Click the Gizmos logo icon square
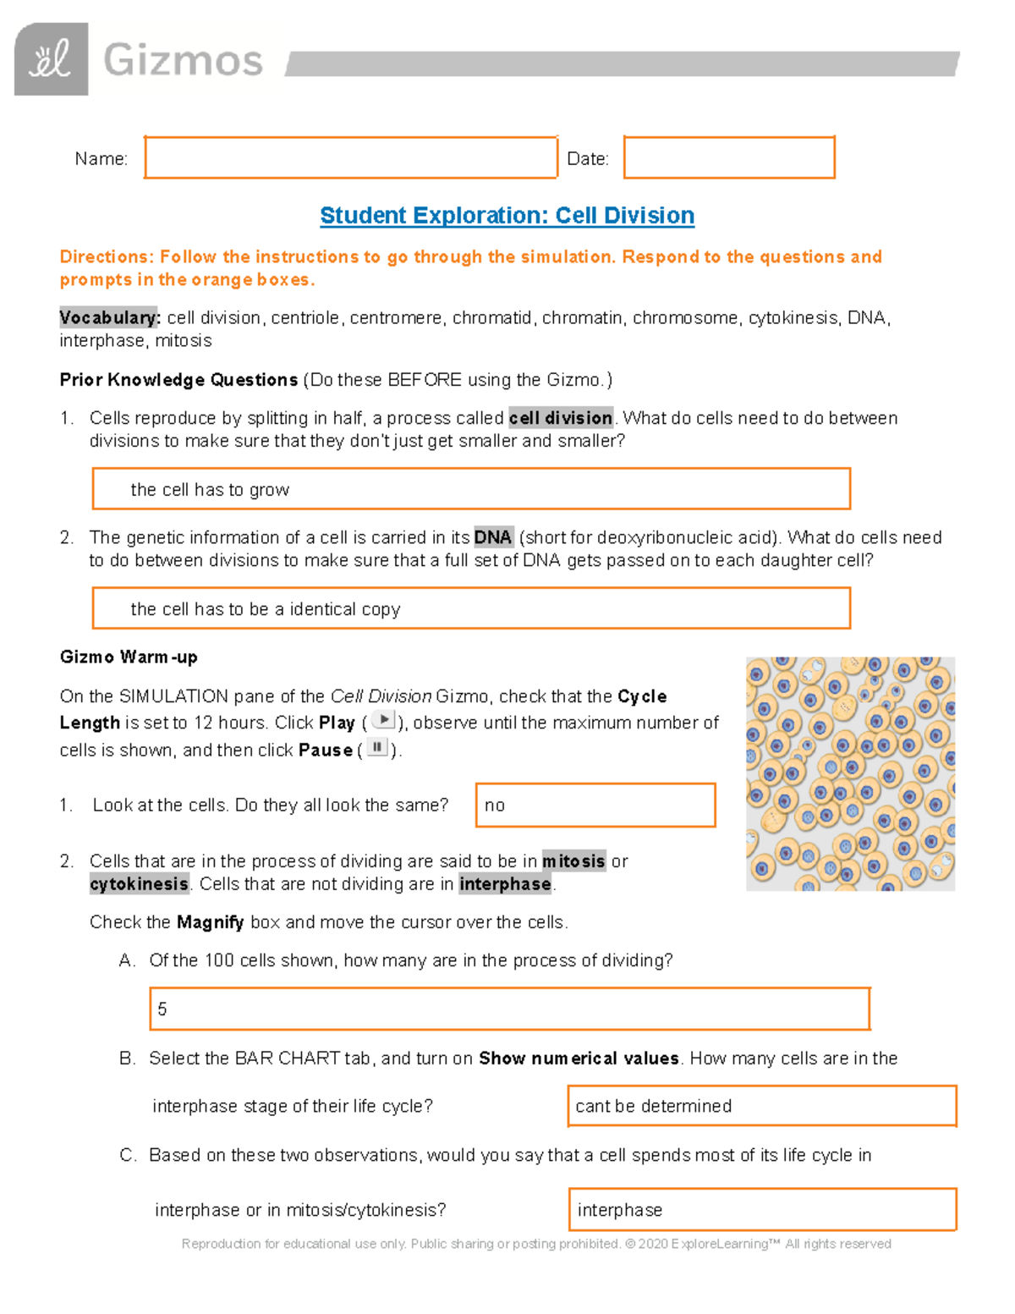click(x=51, y=59)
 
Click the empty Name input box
click(x=350, y=157)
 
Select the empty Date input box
click(x=729, y=157)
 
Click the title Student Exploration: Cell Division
click(x=507, y=216)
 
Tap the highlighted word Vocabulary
click(x=109, y=318)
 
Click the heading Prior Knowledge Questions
click(x=178, y=380)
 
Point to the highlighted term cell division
click(x=561, y=418)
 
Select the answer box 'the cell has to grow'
click(x=471, y=489)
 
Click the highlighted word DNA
click(x=493, y=537)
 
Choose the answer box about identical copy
click(x=471, y=608)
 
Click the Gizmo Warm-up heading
click(x=129, y=657)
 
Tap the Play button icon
click(x=383, y=721)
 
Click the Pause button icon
click(x=377, y=748)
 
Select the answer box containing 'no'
click(x=595, y=805)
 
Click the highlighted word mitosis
click(x=573, y=861)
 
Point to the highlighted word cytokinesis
click(x=140, y=884)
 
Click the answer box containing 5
click(x=509, y=1009)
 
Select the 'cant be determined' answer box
click(x=761, y=1106)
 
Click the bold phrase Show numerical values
click(x=579, y=1058)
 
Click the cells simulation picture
click(x=850, y=774)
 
